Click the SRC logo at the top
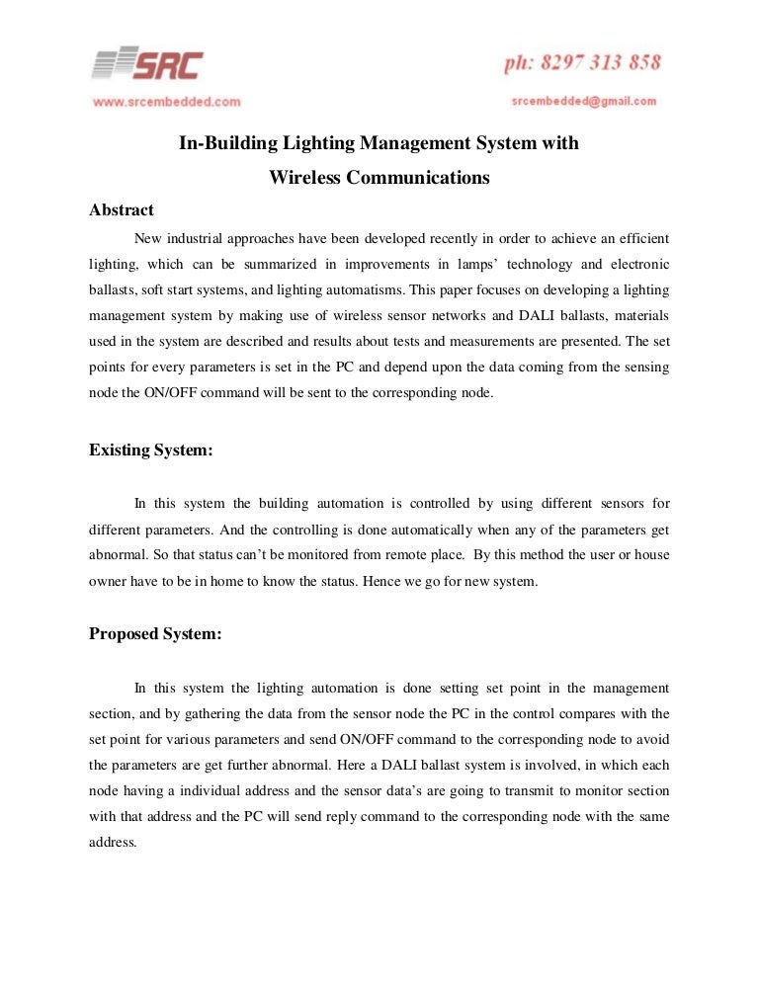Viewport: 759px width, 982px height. coord(148,65)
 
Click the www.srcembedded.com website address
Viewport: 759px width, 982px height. coord(167,101)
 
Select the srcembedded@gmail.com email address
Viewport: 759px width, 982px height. coord(584,101)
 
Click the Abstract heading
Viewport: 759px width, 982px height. coord(122,209)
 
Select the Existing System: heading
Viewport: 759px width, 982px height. coord(151,450)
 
